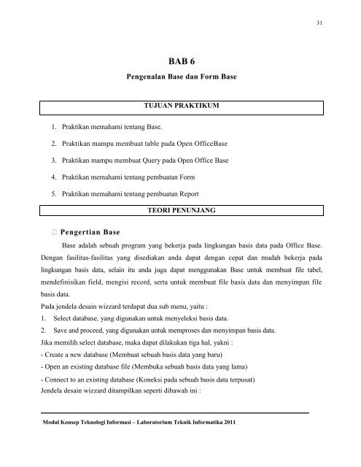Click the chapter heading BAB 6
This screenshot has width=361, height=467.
(x=180, y=63)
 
